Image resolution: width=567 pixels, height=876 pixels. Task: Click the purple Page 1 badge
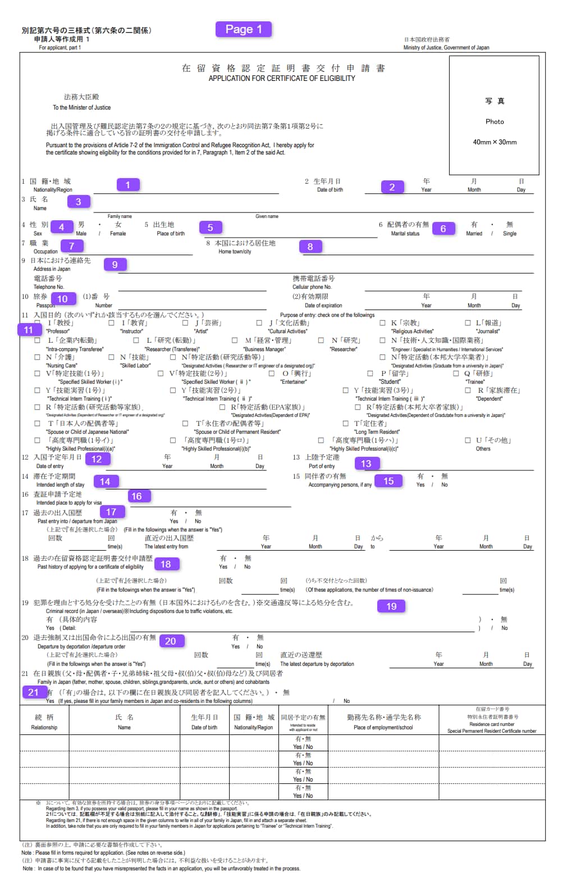click(244, 29)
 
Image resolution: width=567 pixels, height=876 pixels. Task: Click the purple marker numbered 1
click(128, 185)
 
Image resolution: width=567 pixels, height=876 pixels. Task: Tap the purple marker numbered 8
click(310, 246)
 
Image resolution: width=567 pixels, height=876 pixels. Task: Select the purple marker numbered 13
click(366, 464)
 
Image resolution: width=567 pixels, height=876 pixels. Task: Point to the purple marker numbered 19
click(391, 606)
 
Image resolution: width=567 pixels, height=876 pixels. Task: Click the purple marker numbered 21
click(34, 692)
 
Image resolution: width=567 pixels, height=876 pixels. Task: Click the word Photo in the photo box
click(495, 121)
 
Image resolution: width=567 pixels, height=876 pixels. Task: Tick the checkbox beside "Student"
click(370, 374)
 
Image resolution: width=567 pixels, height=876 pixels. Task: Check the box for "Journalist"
click(468, 323)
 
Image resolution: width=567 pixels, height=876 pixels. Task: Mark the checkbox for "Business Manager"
click(235, 341)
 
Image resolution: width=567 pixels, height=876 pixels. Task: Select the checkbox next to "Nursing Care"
click(38, 357)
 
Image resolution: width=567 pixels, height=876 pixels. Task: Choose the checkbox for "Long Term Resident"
click(346, 424)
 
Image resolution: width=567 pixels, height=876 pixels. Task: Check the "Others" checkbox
click(468, 441)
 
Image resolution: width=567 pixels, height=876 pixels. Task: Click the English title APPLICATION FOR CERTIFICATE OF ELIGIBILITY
click(282, 79)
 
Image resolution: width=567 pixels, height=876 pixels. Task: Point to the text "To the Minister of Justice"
click(81, 107)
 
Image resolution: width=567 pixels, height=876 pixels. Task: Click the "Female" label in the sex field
click(118, 233)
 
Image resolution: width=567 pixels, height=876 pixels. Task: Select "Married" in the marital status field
click(474, 233)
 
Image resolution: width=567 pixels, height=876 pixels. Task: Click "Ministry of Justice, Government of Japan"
click(446, 48)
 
